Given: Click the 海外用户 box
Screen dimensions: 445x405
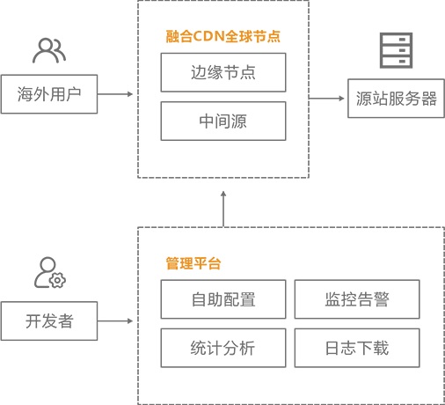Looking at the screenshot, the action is pyautogui.click(x=49, y=94).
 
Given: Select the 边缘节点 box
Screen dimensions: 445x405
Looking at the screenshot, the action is pyautogui.click(x=223, y=72).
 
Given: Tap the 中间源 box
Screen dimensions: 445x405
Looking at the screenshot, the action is pyautogui.click(x=223, y=121).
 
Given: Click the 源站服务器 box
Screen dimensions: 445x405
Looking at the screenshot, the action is pyautogui.click(x=396, y=99).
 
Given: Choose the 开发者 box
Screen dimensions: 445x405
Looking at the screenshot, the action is pyautogui.click(x=49, y=321).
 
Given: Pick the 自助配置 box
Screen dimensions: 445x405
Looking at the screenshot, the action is pyautogui.click(x=223, y=299).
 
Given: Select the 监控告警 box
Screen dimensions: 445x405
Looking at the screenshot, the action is pyautogui.click(x=357, y=299).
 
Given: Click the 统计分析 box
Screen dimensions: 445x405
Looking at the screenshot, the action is pyautogui.click(x=223, y=348).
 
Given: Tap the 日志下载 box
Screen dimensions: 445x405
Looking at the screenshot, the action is pyautogui.click(x=357, y=348).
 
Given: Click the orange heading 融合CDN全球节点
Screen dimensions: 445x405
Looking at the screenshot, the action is pyautogui.click(x=223, y=37).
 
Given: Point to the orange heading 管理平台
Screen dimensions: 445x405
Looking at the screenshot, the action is pyautogui.click(x=193, y=263).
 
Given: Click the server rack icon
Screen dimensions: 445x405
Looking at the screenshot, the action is pyautogui.click(x=396, y=50).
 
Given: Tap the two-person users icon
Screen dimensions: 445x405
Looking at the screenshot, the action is pyautogui.click(x=49, y=50).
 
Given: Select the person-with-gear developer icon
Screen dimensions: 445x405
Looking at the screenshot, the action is pyautogui.click(x=50, y=273).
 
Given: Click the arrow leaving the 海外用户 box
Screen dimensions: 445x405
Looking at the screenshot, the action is pyautogui.click(x=115, y=94).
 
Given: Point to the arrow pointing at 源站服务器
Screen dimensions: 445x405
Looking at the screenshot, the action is pyautogui.click(x=326, y=99).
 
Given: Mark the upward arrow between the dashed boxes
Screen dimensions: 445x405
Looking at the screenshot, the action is pyautogui.click(x=223, y=209).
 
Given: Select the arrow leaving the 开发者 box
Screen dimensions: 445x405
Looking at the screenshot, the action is pyautogui.click(x=115, y=321).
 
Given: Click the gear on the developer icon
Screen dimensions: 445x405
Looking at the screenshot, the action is pyautogui.click(x=57, y=280).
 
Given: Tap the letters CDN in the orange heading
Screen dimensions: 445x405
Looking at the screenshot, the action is pyautogui.click(x=209, y=37).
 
